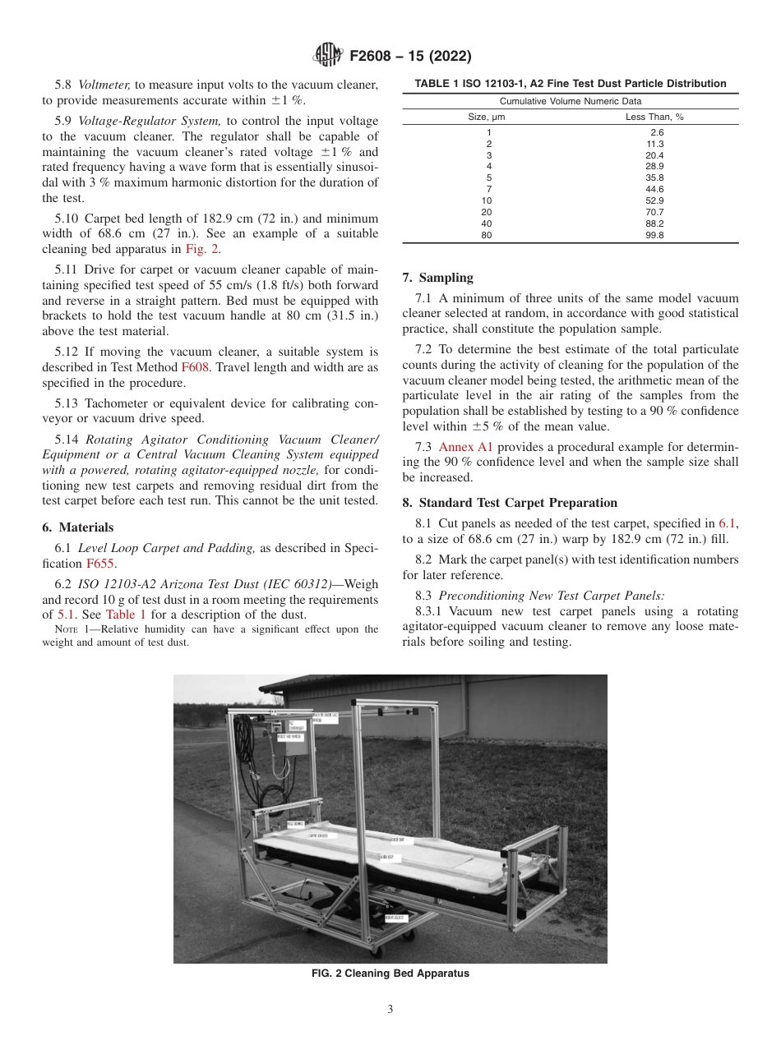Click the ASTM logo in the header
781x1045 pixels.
329,56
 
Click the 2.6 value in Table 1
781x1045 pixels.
656,132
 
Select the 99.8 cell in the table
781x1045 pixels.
656,235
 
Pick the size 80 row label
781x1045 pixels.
488,235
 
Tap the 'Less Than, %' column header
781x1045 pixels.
654,117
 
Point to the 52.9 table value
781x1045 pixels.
656,200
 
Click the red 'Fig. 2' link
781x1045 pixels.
205,249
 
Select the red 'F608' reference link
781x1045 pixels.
195,367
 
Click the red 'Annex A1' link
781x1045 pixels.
465,447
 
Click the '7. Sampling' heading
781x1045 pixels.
437,278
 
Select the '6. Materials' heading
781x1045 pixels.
78,527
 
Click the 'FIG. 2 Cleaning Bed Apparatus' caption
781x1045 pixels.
390,974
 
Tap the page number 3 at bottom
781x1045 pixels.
390,1010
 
